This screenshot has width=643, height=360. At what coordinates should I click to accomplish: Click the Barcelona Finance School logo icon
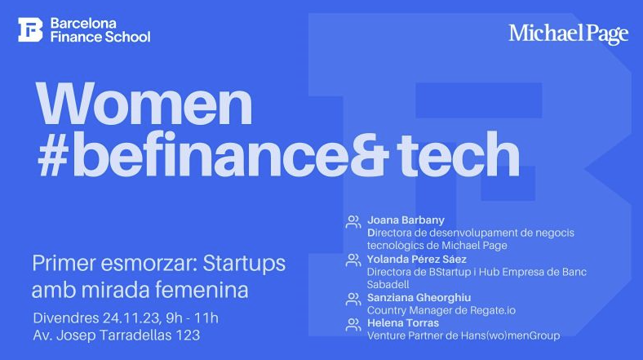click(x=30, y=29)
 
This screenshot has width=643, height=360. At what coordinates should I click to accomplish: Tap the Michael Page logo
click(x=569, y=34)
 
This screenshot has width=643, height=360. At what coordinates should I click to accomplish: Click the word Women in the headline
click(x=144, y=104)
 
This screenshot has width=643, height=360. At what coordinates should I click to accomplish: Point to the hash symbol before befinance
click(x=53, y=155)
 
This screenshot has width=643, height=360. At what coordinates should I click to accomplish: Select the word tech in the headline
click(x=459, y=153)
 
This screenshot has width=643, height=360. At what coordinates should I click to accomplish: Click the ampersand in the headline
click(x=369, y=155)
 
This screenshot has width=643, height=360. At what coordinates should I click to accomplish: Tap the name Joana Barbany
click(x=406, y=220)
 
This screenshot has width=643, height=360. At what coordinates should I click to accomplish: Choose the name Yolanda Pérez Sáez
click(x=417, y=259)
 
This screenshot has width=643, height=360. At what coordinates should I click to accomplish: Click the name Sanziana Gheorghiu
click(x=419, y=298)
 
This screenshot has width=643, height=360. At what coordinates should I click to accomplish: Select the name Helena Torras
click(x=403, y=323)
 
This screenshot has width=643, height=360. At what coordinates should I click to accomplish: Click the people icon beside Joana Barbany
click(x=353, y=222)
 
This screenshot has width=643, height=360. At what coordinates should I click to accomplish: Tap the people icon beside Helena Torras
click(x=353, y=325)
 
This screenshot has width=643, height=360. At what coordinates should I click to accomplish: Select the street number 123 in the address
click(x=188, y=335)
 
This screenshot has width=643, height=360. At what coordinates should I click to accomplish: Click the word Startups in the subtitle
click(x=244, y=264)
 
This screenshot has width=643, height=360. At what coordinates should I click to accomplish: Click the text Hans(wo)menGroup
click(x=510, y=336)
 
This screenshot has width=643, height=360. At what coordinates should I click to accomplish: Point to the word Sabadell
click(x=388, y=284)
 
